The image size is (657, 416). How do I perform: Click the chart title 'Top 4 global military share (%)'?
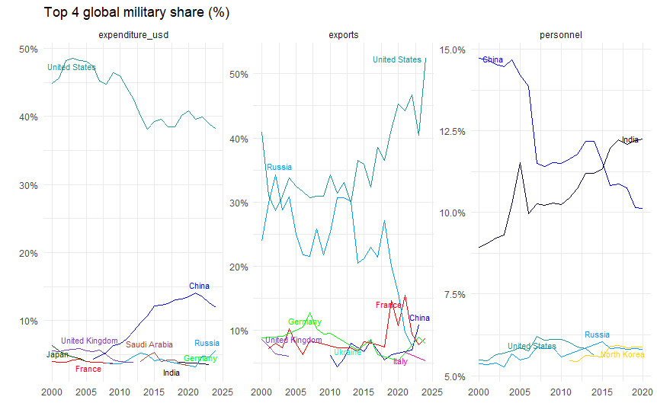(136, 13)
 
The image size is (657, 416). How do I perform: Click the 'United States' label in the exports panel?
(396, 60)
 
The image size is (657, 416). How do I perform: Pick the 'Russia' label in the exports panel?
(279, 168)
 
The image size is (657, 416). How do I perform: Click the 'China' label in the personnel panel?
(493, 60)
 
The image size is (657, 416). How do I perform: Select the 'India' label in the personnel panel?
(630, 140)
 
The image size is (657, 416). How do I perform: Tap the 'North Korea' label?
(622, 355)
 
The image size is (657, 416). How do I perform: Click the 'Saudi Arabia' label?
(149, 345)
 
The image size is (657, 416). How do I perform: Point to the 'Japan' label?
(57, 355)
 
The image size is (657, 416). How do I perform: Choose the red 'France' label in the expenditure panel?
(88, 370)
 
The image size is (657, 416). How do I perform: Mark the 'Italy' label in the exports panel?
(400, 362)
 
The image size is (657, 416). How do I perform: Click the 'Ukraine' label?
(348, 353)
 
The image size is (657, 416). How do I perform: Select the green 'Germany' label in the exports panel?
(305, 322)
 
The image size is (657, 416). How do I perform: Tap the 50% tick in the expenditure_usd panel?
(29, 50)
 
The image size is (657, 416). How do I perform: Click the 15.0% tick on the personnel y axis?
(453, 50)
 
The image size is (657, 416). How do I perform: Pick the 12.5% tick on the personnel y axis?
(453, 131)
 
